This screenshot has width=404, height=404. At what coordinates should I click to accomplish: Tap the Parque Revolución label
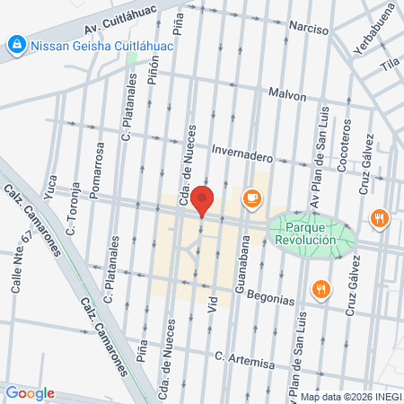click(x=305, y=233)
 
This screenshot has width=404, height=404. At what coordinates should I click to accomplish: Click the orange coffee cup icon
click(x=251, y=198)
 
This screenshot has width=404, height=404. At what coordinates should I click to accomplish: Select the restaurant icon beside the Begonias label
click(x=321, y=288)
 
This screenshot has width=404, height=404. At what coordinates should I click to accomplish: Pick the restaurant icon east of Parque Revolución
click(x=381, y=218)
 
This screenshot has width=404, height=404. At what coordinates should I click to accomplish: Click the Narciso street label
click(x=308, y=27)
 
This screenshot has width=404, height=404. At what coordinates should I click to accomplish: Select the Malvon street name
click(x=286, y=93)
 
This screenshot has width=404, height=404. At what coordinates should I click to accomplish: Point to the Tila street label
click(x=389, y=64)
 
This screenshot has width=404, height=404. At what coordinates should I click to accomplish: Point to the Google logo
click(x=30, y=392)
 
